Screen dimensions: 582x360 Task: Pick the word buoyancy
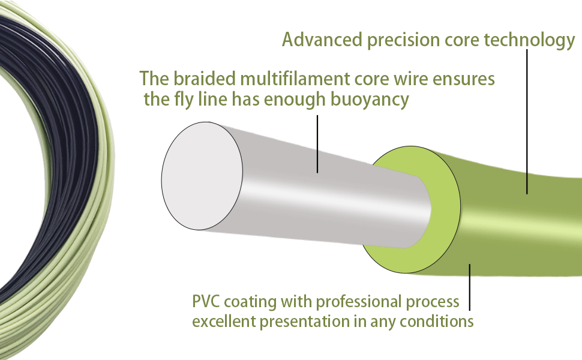tap(370, 100)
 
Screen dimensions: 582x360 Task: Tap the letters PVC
tap(206, 301)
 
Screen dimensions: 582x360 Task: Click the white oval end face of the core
tap(202, 176)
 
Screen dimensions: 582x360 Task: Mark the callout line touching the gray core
tap(317, 144)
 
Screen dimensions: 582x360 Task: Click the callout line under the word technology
tap(527, 121)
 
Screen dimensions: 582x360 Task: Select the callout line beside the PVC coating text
tap(470, 287)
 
